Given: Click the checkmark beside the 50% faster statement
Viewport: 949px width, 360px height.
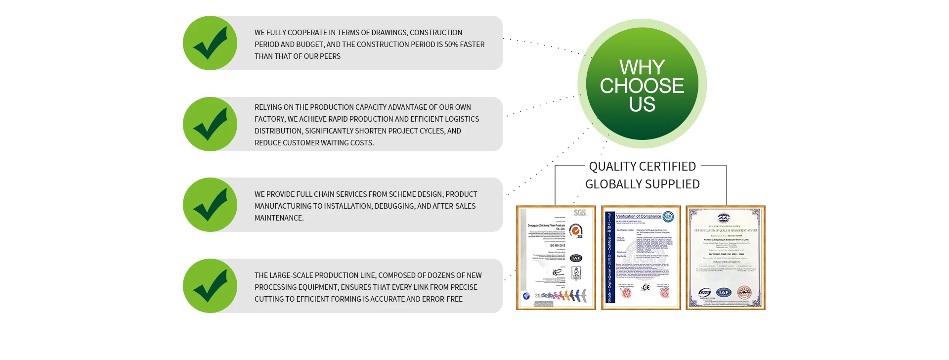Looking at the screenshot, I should pyautogui.click(x=210, y=43).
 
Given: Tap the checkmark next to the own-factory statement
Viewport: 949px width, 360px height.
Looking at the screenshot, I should pyautogui.click(x=210, y=124).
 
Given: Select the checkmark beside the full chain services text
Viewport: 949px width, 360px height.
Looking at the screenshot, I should pyautogui.click(x=210, y=205).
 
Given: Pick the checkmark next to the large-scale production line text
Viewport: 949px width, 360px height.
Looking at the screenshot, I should pyautogui.click(x=210, y=286).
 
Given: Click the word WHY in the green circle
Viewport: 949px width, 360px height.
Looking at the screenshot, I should pyautogui.click(x=642, y=67).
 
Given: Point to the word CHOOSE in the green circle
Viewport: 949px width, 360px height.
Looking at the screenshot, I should pyautogui.click(x=642, y=86).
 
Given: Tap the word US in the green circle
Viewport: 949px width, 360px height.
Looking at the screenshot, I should pyautogui.click(x=642, y=105).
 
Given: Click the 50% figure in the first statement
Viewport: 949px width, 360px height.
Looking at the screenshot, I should pyautogui.click(x=451, y=45).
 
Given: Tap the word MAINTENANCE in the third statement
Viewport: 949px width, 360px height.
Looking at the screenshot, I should pyautogui.click(x=278, y=218).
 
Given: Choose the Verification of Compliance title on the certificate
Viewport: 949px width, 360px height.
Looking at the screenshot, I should pyautogui.click(x=638, y=216).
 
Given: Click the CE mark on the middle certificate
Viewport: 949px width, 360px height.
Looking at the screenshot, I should pyautogui.click(x=646, y=287).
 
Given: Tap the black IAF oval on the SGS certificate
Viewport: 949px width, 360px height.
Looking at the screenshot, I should pyautogui.click(x=576, y=258).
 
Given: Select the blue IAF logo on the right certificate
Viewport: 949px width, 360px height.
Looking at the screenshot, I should pyautogui.click(x=723, y=292).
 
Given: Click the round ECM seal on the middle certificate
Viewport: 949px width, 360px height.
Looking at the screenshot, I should pyautogui.click(x=668, y=217).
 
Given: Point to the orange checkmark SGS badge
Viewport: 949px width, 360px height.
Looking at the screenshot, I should pyautogui.click(x=576, y=230).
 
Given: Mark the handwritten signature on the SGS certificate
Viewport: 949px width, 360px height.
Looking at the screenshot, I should pyautogui.click(x=558, y=272).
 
